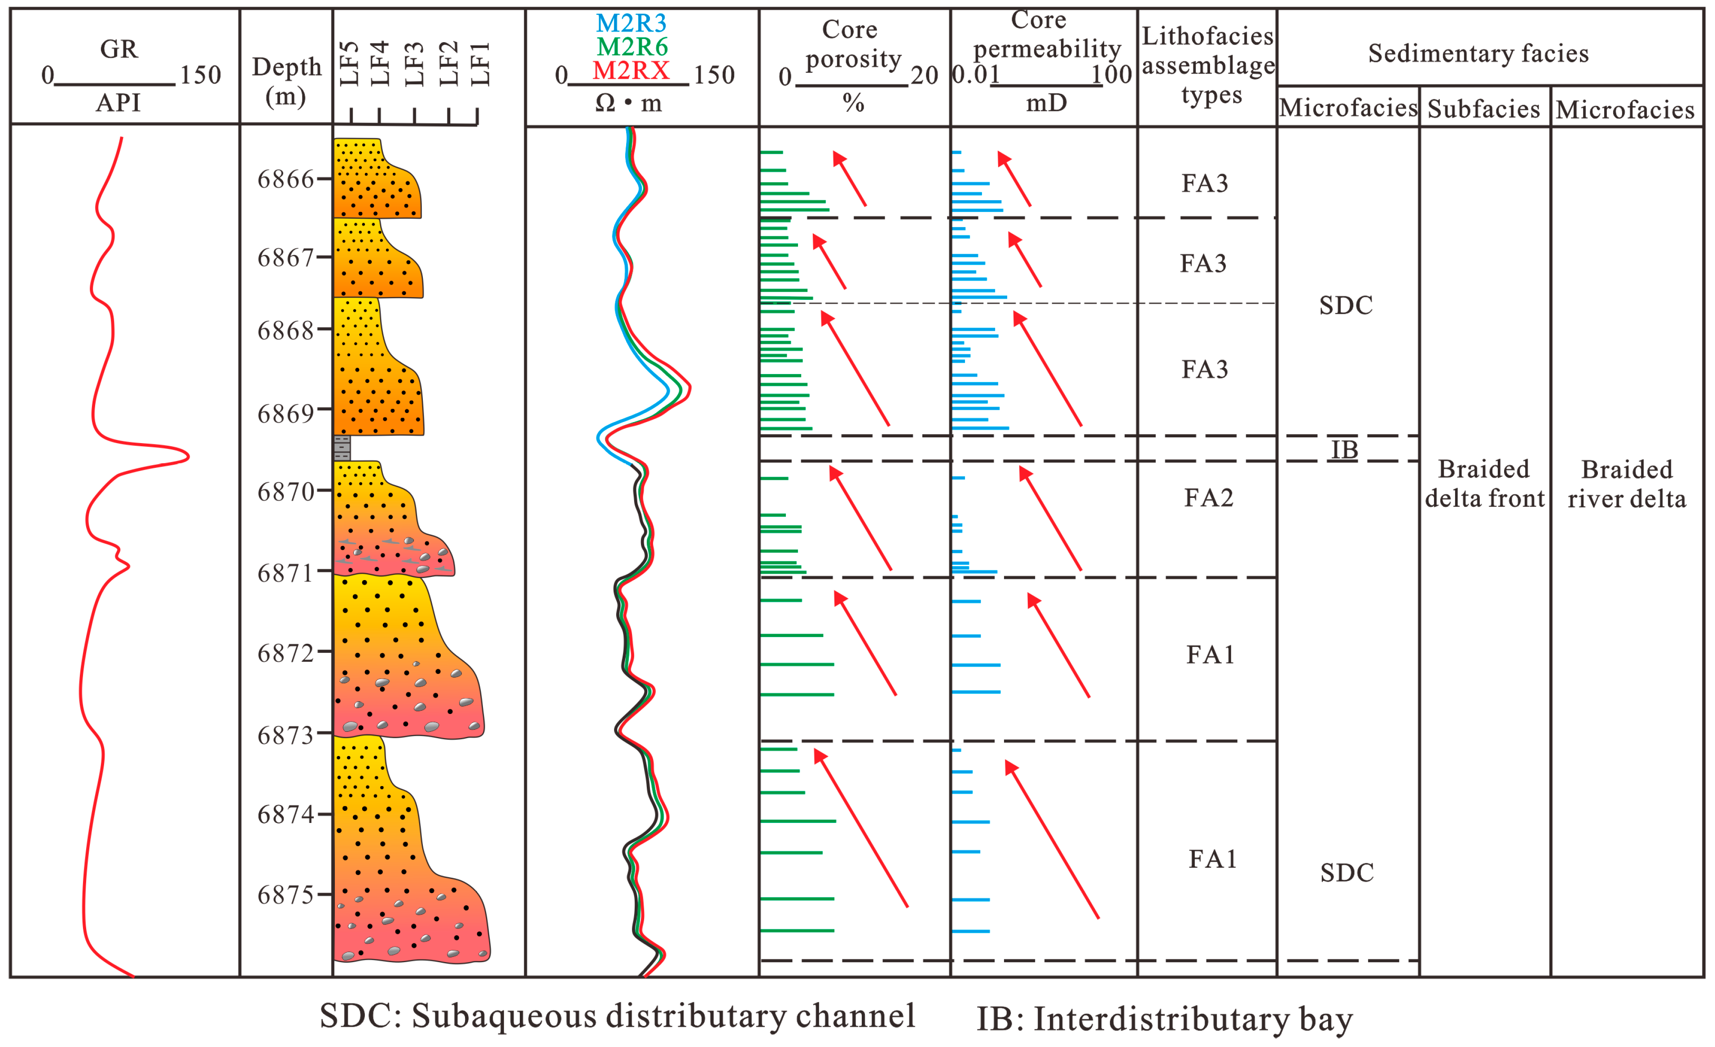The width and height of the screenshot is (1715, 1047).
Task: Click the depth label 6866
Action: (285, 180)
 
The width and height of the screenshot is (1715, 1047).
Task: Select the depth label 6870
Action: (285, 492)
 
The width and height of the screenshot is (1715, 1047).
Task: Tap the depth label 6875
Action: (285, 894)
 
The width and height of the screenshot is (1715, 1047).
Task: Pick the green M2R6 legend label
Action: (632, 47)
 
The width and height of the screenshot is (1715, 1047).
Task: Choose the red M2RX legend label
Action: (631, 70)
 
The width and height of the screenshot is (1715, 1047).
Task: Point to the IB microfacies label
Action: (1344, 450)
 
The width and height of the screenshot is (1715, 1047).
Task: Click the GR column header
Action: (119, 49)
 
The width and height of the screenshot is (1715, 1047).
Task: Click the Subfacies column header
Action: (1483, 109)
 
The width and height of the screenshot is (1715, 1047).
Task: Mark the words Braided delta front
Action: (1484, 484)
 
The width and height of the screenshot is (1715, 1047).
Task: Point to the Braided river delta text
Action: (1627, 484)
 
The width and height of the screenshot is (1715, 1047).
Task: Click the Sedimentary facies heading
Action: (1478, 53)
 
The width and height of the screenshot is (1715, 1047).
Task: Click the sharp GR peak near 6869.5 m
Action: (187, 457)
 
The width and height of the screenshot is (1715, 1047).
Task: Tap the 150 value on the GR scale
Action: (201, 75)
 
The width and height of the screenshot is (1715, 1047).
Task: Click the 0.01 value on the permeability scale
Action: (975, 75)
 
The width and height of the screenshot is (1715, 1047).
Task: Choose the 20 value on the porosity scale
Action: (924, 75)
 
